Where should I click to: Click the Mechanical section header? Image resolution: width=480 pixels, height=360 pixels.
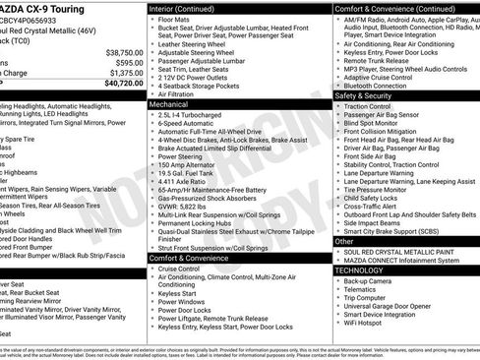coord(169,102)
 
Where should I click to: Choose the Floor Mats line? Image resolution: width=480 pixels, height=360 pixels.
coord(177,19)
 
